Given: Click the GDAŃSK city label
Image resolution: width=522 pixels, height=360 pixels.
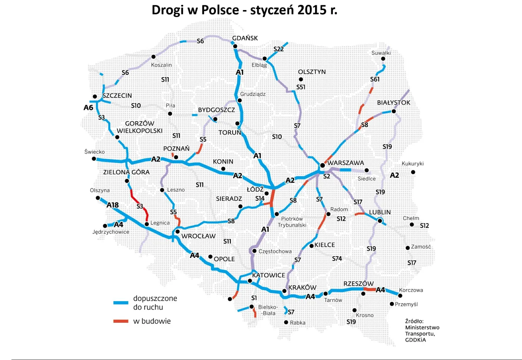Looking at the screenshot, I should (245, 38).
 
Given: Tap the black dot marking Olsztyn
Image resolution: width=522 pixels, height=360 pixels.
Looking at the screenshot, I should (301, 79).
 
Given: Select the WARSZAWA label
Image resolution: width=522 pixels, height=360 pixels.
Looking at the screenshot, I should (346, 163).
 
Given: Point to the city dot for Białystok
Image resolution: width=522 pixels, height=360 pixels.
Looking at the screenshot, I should (394, 111).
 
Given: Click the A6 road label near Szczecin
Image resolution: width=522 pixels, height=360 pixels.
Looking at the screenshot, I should (88, 108).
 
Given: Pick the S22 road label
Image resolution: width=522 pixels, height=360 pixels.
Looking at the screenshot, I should (279, 49).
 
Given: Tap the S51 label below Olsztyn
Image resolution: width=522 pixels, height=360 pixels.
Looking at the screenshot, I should (301, 87).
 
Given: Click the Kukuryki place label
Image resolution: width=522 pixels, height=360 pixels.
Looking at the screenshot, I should (412, 164).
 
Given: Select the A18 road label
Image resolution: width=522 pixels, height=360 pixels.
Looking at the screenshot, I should (113, 205).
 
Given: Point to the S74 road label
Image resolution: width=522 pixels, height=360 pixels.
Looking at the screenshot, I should (337, 259).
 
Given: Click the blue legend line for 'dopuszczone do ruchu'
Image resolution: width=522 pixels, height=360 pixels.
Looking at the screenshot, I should (121, 303).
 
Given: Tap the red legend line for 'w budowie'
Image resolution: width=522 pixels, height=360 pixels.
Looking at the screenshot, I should (121, 321).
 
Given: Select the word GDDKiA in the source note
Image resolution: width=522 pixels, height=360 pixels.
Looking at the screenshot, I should (415, 340).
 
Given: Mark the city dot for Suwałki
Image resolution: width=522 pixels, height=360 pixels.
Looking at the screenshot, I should (383, 59).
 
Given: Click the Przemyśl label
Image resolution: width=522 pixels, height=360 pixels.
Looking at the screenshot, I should (406, 304).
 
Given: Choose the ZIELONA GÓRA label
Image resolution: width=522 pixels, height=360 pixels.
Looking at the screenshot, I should (126, 172).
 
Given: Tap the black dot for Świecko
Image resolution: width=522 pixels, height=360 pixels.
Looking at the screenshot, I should (94, 159).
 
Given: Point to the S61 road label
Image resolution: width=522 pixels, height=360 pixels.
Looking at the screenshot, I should (375, 79).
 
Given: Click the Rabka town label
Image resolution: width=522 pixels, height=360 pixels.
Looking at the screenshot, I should (298, 323).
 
